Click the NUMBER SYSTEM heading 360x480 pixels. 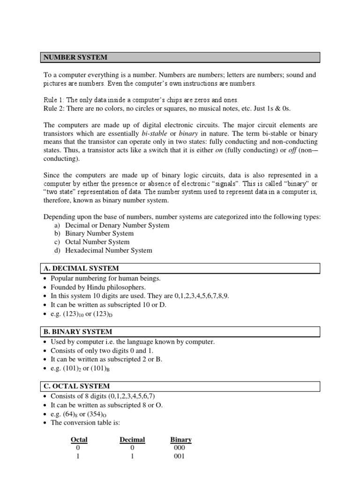(75, 57)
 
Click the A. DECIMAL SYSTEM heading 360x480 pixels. (81, 268)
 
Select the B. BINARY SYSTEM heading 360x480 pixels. (78, 331)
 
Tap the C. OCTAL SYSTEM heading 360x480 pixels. (77, 386)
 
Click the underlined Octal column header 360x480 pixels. (79, 440)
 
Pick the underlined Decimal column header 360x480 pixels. (132, 440)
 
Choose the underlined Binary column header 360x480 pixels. (181, 440)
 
